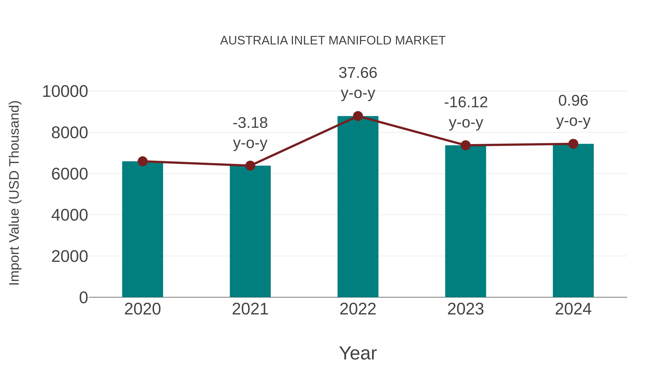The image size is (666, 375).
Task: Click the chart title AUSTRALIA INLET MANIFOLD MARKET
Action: pyautogui.click(x=333, y=41)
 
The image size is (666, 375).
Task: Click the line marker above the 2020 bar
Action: pyautogui.click(x=142, y=161)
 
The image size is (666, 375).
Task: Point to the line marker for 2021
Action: pyautogui.click(x=250, y=166)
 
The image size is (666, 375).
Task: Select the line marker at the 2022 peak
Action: pyautogui.click(x=358, y=116)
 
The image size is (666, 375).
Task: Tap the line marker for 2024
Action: pyautogui.click(x=573, y=144)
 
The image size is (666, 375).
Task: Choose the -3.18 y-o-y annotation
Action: pyautogui.click(x=250, y=133)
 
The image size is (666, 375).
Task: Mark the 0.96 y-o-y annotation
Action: pyautogui.click(x=573, y=111)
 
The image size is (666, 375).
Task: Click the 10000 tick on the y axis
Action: pyautogui.click(x=65, y=92)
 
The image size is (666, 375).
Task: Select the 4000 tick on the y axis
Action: pyautogui.click(x=70, y=215)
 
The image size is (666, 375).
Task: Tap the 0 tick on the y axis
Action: pyautogui.click(x=83, y=297)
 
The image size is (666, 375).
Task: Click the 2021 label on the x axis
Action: pyautogui.click(x=250, y=309)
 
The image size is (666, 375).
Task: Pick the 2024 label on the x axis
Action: pyautogui.click(x=573, y=309)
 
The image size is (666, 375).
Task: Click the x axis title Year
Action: pyautogui.click(x=358, y=353)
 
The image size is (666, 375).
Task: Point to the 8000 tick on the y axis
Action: pyautogui.click(x=70, y=133)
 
